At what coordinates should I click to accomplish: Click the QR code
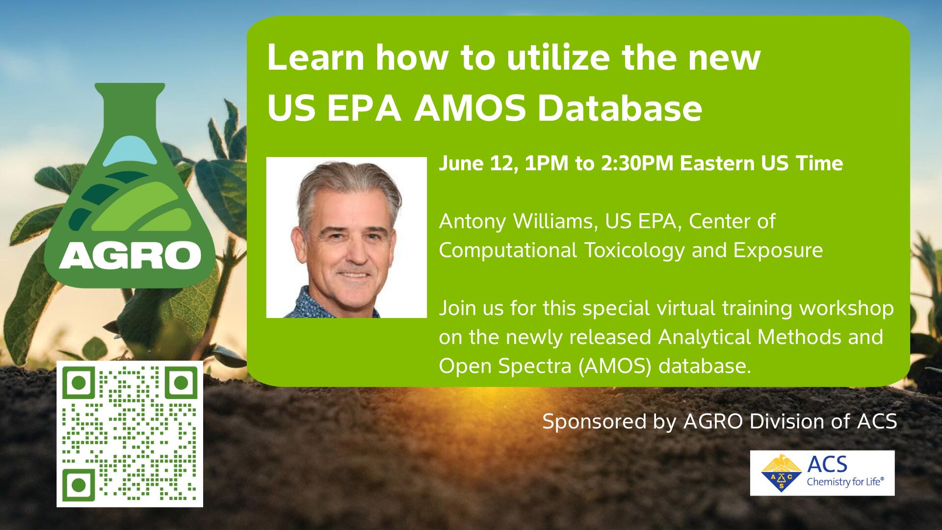click(130, 434)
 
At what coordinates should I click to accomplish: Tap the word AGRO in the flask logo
click(130, 255)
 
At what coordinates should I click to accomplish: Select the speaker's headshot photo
click(346, 238)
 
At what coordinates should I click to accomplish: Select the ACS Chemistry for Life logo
click(822, 473)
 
